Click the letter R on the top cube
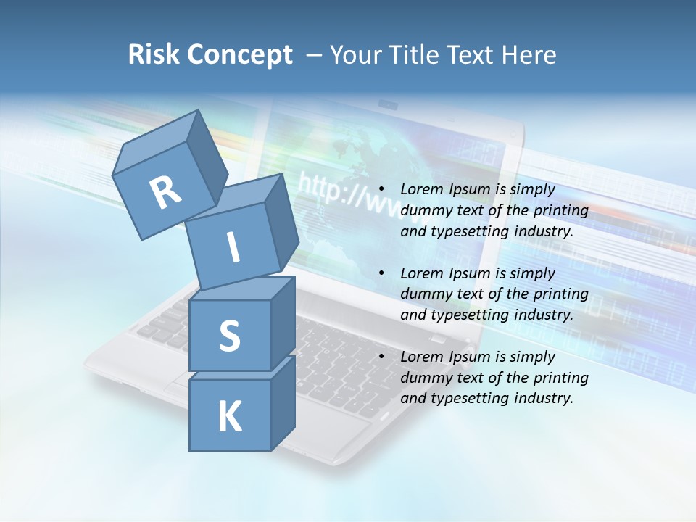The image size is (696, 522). [x=165, y=193]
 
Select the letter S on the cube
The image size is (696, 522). [x=229, y=336]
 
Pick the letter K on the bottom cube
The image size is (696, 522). [x=229, y=417]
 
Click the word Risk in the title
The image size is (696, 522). [x=154, y=54]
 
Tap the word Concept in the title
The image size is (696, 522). [x=239, y=54]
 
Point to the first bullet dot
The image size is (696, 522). [x=381, y=190]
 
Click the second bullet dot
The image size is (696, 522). [x=381, y=273]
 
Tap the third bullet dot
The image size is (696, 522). [x=381, y=357]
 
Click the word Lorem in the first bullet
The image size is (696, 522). [x=422, y=190]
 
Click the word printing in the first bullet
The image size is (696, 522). [x=561, y=211]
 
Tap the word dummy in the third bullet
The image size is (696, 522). [x=424, y=378]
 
